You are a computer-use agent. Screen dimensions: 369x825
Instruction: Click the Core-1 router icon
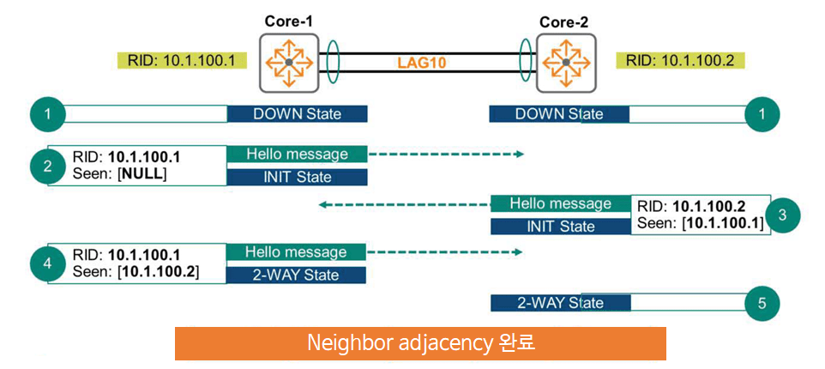(x=288, y=63)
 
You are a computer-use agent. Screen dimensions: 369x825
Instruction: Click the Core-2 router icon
(x=565, y=64)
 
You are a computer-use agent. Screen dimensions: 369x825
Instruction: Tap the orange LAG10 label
(x=422, y=63)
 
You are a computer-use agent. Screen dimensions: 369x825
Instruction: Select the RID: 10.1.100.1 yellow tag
(x=181, y=61)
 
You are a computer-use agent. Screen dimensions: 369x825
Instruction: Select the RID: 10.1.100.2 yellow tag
(x=680, y=61)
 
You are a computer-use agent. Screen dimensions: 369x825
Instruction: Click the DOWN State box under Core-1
(x=297, y=113)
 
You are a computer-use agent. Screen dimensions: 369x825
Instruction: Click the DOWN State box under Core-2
(x=559, y=114)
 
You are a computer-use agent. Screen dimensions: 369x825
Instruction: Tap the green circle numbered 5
(x=762, y=302)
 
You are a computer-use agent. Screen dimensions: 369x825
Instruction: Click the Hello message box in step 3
(x=560, y=204)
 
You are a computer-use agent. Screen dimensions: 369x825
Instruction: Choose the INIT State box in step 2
(x=297, y=178)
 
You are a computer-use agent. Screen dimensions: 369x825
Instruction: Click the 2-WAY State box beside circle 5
(x=560, y=302)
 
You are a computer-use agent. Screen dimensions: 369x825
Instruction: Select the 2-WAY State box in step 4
(x=297, y=275)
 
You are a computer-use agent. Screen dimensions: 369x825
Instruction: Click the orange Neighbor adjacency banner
(x=420, y=343)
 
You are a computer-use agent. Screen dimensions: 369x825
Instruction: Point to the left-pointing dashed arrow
(x=403, y=205)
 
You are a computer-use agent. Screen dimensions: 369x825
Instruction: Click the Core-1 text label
(x=288, y=19)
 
